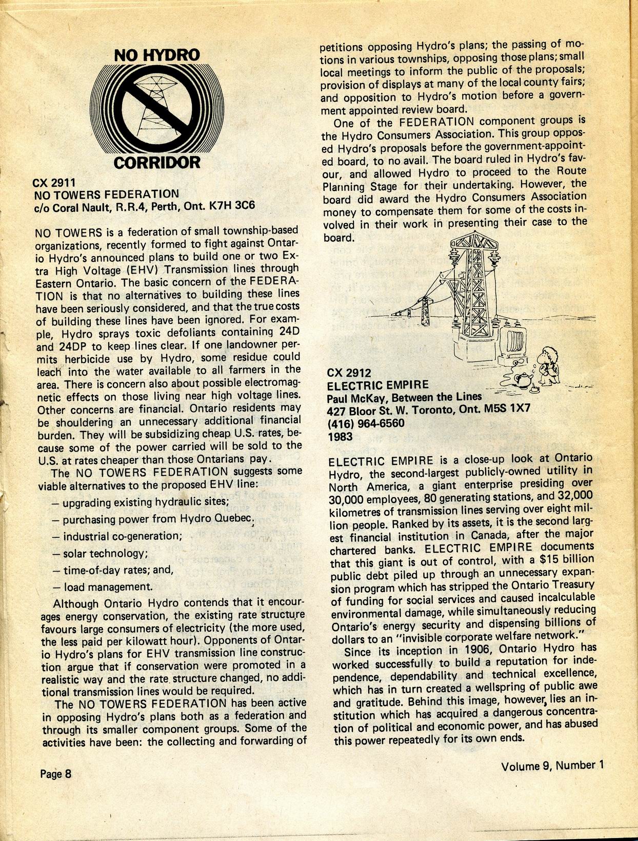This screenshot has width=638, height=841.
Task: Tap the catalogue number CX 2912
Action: [x=349, y=373]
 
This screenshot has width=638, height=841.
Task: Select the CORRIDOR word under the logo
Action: [x=157, y=163]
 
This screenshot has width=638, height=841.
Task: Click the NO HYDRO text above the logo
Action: [x=156, y=55]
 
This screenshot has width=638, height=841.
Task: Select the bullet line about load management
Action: [x=102, y=587]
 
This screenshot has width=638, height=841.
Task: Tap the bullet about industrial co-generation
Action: [x=117, y=537]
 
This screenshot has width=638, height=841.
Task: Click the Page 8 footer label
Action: [x=56, y=773]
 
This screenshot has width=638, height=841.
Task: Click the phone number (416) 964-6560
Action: [x=366, y=423]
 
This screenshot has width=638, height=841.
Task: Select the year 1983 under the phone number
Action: [x=340, y=437]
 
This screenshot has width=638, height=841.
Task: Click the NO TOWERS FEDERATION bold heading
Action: [x=106, y=194]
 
